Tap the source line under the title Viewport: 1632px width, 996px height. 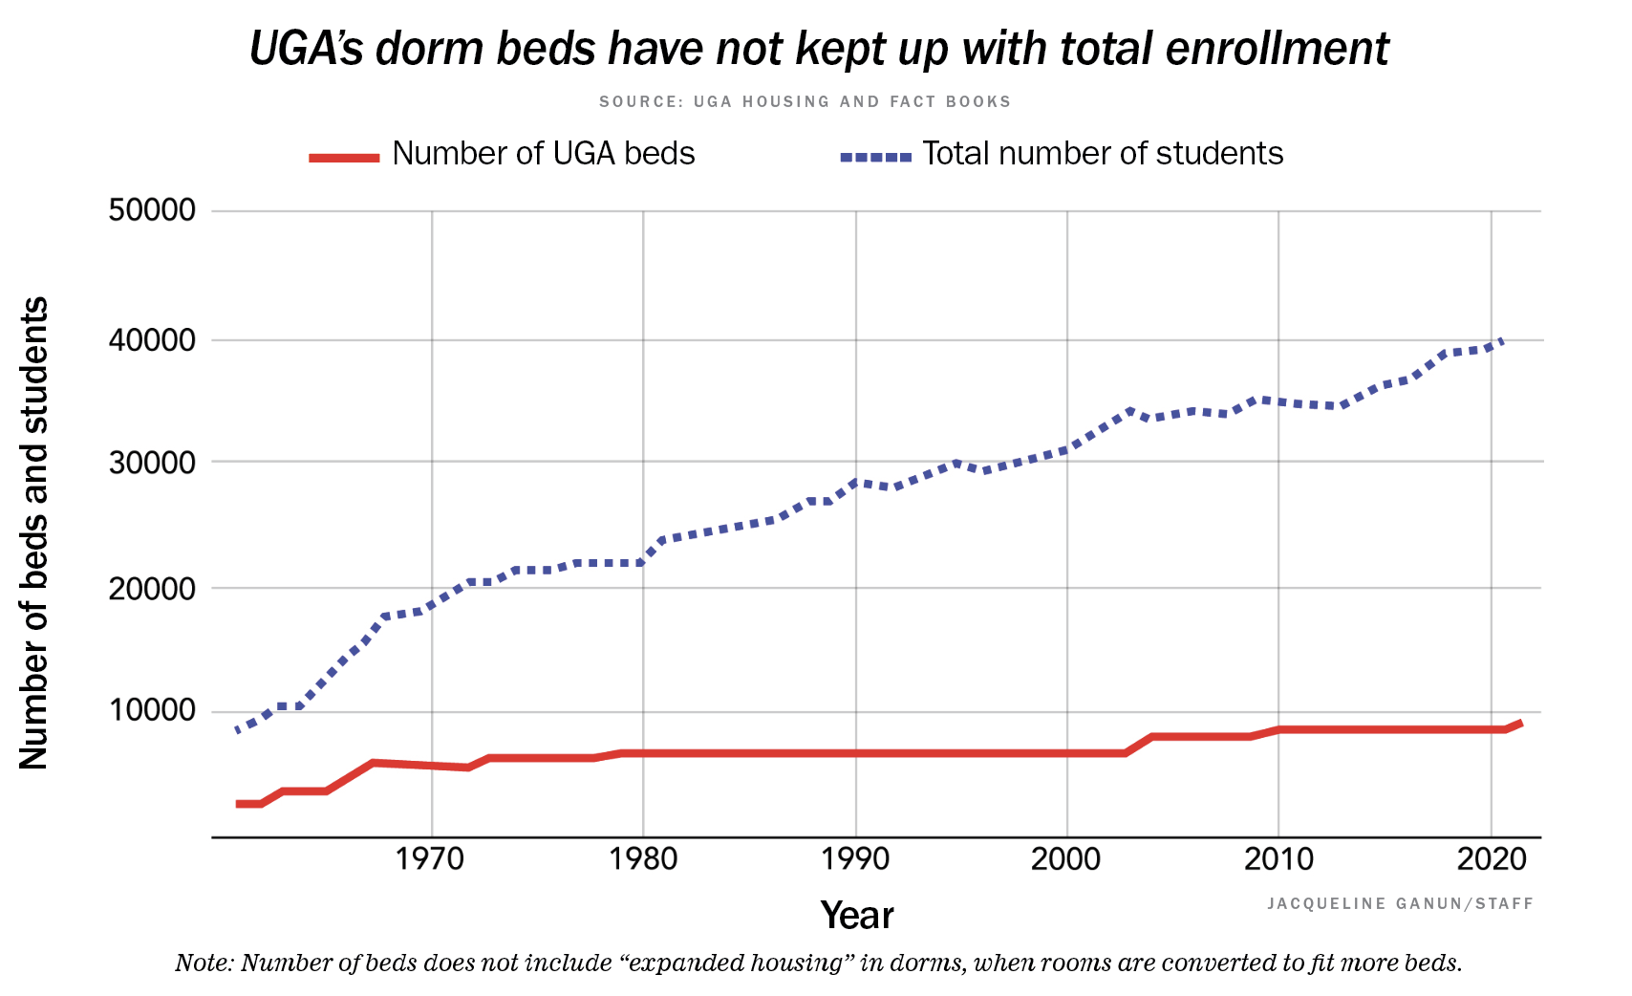(x=805, y=101)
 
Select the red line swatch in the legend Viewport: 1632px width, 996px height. (x=344, y=157)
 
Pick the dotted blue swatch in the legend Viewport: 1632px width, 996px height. (x=875, y=157)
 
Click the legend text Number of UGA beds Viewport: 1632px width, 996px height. (x=543, y=154)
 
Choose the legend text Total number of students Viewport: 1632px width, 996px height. (x=1102, y=154)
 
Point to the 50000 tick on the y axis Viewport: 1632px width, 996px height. (x=152, y=210)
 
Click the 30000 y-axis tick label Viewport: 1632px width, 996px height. (x=152, y=463)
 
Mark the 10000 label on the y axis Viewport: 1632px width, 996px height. (x=152, y=711)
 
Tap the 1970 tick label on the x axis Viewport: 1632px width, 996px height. (x=430, y=858)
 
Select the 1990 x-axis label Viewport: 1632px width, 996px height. (x=854, y=858)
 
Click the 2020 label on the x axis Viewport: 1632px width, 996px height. (x=1491, y=858)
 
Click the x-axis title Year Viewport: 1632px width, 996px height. (x=856, y=916)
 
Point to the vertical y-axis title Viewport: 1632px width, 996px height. (x=34, y=532)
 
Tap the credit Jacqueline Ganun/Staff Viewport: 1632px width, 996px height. (x=1400, y=903)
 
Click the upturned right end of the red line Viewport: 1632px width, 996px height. (x=1519, y=724)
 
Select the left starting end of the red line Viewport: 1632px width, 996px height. (x=239, y=804)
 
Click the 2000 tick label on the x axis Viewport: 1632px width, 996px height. (x=1065, y=858)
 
